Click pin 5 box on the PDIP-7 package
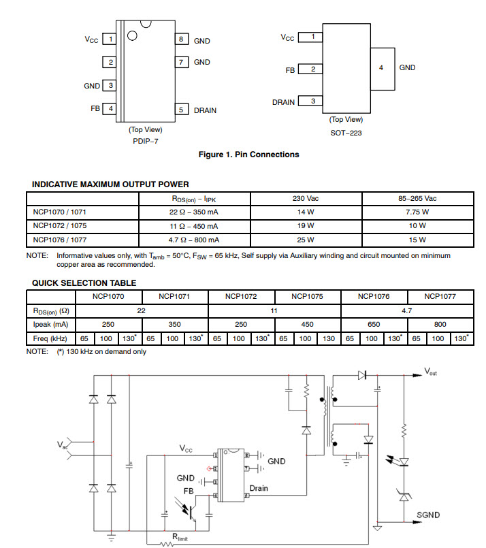(x=182, y=110)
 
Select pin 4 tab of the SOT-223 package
(x=383, y=69)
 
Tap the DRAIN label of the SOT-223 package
(x=283, y=102)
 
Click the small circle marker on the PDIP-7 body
(x=132, y=35)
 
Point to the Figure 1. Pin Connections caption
(x=248, y=155)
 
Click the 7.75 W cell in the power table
(x=417, y=212)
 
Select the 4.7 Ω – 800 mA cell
(x=194, y=240)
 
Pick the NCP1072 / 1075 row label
(x=60, y=226)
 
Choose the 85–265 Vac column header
(x=417, y=199)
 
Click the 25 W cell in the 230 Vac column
(x=306, y=240)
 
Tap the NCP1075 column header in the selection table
(x=308, y=297)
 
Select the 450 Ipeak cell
(x=308, y=324)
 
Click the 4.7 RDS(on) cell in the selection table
(x=407, y=310)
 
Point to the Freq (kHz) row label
(x=50, y=338)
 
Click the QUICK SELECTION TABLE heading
(x=84, y=283)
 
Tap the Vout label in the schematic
(x=430, y=372)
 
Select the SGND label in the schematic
(x=428, y=515)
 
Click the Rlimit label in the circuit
(x=180, y=537)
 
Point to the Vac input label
(x=62, y=445)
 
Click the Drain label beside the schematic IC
(x=259, y=488)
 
